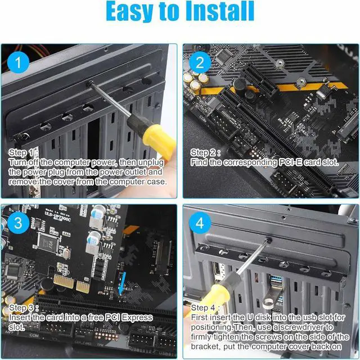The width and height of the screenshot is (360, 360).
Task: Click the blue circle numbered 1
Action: (19, 64)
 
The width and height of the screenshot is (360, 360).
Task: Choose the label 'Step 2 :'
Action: (206, 152)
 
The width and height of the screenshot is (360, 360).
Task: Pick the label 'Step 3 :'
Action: (24, 308)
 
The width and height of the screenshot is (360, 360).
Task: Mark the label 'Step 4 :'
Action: (206, 308)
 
